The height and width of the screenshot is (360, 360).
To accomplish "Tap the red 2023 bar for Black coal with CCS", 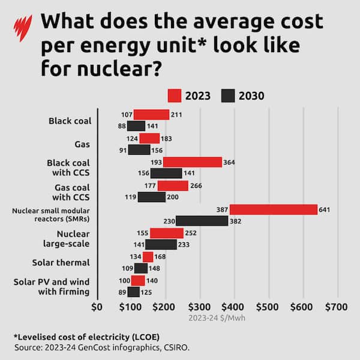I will click(192, 162).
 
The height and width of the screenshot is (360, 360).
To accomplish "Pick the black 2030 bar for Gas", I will click(139, 149).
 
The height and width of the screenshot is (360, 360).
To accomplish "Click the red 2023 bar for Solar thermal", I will click(148, 257).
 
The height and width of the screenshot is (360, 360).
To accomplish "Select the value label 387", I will click(221, 210).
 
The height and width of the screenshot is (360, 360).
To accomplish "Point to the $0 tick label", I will click(97, 307).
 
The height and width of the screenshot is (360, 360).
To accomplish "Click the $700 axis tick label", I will click(336, 307).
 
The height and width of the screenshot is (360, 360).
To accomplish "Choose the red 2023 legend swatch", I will click(174, 95).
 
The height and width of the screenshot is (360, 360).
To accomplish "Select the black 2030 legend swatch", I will click(228, 95).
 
